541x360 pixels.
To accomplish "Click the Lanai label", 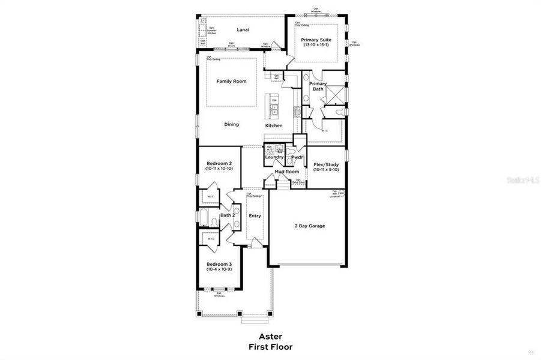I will (243, 29).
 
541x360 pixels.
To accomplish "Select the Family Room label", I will (232, 81).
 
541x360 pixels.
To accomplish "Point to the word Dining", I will (232, 125).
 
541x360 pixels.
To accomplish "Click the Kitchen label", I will (274, 125).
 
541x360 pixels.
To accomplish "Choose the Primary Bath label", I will (318, 86).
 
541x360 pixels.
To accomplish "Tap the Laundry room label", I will (274, 157).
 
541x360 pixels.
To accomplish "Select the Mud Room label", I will (287, 172).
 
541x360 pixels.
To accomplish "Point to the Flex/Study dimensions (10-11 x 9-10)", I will (327, 170).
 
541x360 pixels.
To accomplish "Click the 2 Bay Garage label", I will (309, 226).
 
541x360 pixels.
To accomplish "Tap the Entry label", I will (255, 216).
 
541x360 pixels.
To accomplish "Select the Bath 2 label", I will (226, 215).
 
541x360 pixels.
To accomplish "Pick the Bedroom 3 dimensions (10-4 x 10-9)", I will (219, 269).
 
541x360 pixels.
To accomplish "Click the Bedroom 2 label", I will (219, 163).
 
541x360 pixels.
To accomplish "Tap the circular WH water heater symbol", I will (341, 194).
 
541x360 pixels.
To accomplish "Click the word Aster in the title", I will (270, 337).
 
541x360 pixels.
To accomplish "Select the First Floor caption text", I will (270, 347).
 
